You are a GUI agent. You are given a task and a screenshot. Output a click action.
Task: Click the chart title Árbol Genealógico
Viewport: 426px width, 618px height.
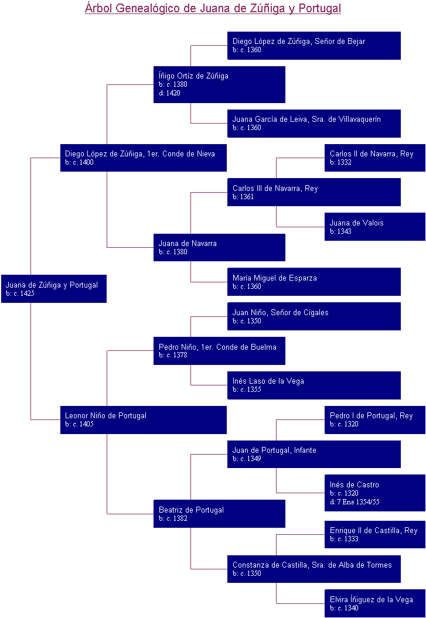pyautogui.click(x=213, y=8)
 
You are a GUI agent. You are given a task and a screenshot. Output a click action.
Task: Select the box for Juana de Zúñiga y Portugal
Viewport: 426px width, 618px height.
pyautogui.click(x=53, y=289)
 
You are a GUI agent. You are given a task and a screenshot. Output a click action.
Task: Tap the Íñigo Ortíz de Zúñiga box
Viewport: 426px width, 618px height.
pyautogui.click(x=219, y=84)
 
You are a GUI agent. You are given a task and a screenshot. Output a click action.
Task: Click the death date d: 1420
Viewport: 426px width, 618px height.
pyautogui.click(x=169, y=93)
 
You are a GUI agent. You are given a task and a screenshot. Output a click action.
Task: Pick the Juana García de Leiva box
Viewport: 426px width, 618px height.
pyautogui.click(x=313, y=123)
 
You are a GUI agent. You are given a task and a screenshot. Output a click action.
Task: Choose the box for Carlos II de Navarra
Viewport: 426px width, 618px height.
pyautogui.click(x=374, y=158)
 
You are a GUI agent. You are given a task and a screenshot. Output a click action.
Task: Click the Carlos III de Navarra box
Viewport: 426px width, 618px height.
pyautogui.click(x=313, y=192)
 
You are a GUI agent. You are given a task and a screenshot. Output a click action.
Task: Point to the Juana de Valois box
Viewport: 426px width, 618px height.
pyautogui.click(x=374, y=227)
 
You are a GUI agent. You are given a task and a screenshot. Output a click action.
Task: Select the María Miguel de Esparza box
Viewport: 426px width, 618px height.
pyautogui.click(x=313, y=282)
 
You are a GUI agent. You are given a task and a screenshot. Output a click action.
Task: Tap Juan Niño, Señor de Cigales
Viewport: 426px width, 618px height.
pyautogui.click(x=313, y=316)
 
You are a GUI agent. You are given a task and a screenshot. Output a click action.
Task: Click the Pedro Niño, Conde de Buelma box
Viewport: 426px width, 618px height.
pyautogui.click(x=219, y=350)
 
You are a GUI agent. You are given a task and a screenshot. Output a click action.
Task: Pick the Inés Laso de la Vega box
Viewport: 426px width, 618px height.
pyautogui.click(x=313, y=385)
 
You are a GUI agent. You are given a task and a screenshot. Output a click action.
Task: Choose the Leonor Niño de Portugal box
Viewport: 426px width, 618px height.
pyautogui.click(x=143, y=419)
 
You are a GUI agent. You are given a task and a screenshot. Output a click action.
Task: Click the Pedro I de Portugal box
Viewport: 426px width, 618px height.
pyautogui.click(x=374, y=419)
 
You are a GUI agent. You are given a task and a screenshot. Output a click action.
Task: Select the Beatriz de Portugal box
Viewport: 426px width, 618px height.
pyautogui.click(x=219, y=514)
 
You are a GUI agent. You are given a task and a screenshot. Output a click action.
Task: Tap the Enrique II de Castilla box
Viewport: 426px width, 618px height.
pyautogui.click(x=374, y=534)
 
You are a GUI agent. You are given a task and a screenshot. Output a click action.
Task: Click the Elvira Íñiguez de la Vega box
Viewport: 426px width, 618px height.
pyautogui.click(x=374, y=603)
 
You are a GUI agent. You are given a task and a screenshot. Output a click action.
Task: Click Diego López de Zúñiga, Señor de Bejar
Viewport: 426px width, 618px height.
pyautogui.click(x=313, y=45)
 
